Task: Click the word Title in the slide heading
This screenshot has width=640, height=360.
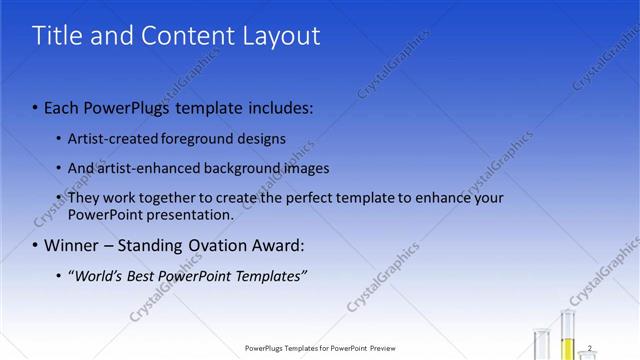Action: [56, 36]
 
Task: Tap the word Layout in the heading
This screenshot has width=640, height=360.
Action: [282, 36]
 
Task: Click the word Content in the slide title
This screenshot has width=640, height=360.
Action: [185, 36]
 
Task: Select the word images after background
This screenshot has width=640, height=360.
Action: [306, 168]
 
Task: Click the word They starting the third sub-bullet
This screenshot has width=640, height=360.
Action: [83, 198]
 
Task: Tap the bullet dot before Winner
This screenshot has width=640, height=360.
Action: [35, 245]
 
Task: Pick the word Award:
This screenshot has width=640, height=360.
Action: [281, 245]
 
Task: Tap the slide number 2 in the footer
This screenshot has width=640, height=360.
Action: [590, 348]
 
